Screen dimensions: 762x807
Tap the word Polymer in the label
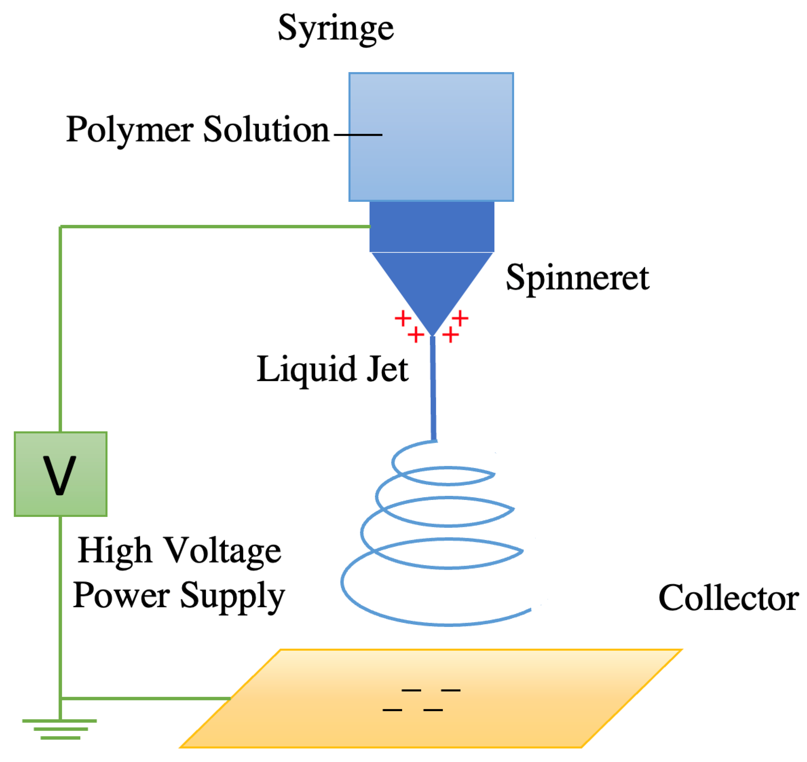tap(130, 130)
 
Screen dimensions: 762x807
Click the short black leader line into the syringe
tap(358, 134)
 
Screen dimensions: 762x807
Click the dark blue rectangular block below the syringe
tap(432, 226)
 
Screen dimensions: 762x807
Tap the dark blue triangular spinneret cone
tap(432, 280)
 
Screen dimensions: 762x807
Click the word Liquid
tap(306, 370)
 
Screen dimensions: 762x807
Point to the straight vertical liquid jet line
tap(433, 390)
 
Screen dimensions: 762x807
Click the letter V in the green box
tap(60, 475)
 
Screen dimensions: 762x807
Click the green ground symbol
tap(60, 729)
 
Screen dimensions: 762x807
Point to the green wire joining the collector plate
tap(146, 698)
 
